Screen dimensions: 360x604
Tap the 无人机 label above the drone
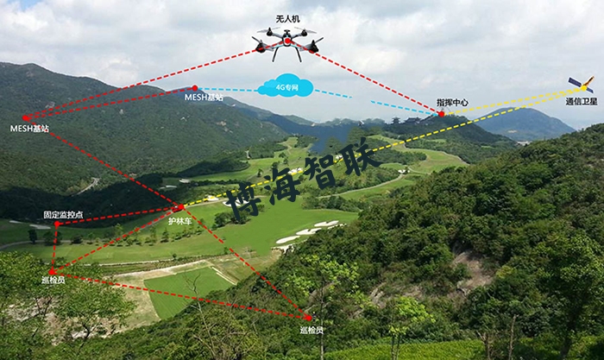(287, 18)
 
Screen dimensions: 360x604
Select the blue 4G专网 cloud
(284, 87)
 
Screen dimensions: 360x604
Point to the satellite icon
(581, 85)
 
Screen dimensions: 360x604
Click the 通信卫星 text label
(580, 101)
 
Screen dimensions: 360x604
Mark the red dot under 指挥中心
(441, 113)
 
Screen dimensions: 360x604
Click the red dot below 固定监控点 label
(57, 224)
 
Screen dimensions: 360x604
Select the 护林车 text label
(179, 221)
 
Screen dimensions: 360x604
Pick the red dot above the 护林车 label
(179, 208)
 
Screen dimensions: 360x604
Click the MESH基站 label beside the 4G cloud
(204, 98)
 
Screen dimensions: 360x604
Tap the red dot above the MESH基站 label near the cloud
(195, 87)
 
